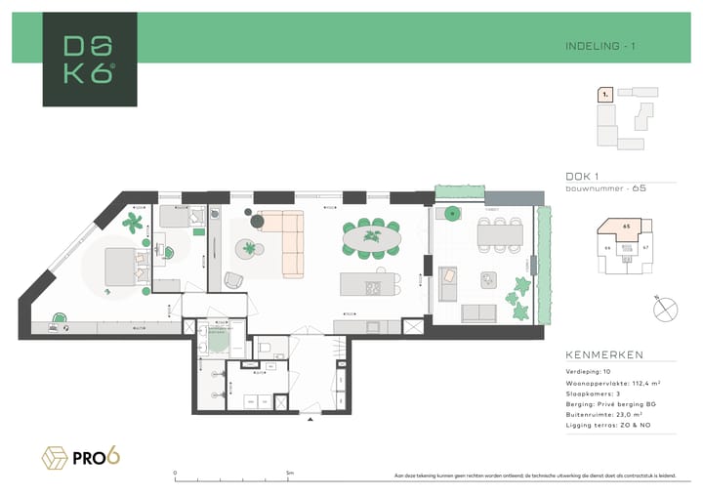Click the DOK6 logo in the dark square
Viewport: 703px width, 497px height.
(89, 59)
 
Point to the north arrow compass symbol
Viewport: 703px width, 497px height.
(668, 308)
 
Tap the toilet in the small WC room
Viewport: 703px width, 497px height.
(264, 349)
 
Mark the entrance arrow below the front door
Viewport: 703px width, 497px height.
(310, 421)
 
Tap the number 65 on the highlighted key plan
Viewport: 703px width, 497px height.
(626, 226)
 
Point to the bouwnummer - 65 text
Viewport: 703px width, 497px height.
(605, 187)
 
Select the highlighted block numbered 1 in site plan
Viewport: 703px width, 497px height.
(605, 95)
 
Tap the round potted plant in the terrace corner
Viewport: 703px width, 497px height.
(451, 213)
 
